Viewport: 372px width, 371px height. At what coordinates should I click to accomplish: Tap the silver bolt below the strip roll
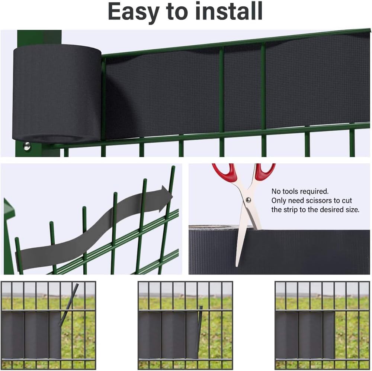click(27, 146)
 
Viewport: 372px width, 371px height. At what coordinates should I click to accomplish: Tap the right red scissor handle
click(265, 172)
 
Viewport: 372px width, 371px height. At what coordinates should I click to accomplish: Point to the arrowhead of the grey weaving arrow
click(166, 198)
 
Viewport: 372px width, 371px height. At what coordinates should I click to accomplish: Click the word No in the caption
click(276, 192)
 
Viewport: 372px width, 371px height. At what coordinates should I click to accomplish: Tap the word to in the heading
click(188, 12)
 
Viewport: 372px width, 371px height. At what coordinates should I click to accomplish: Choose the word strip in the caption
click(291, 210)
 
